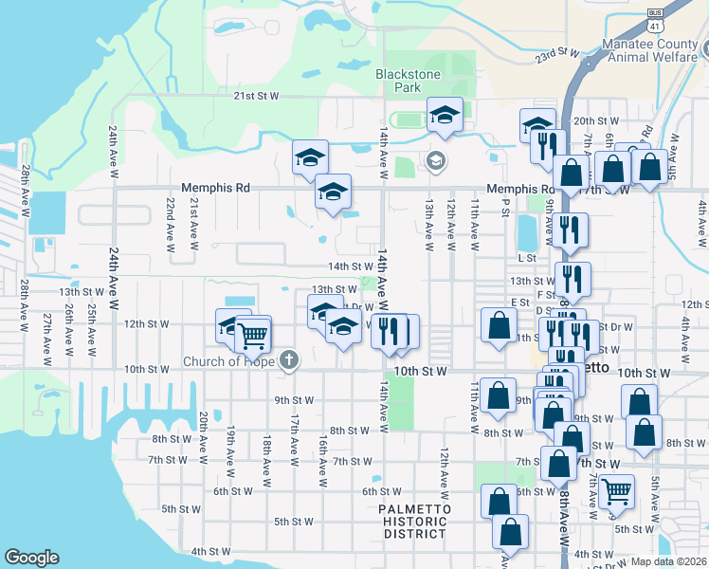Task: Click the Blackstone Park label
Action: point(398,80)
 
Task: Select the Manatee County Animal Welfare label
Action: point(654,51)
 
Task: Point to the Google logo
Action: point(31,558)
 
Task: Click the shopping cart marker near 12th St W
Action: point(252,335)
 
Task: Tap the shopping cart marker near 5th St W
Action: point(617,491)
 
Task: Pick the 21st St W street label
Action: point(257,96)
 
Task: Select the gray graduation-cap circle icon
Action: point(436,158)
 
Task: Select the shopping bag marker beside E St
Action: point(499,325)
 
